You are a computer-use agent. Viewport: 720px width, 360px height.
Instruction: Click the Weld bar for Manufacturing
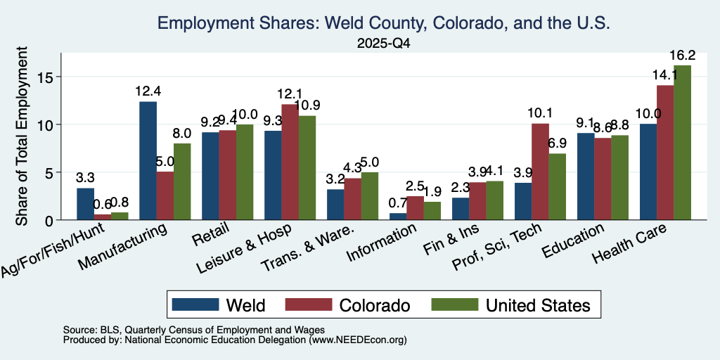tap(148, 161)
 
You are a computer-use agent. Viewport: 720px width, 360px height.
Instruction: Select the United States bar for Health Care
tap(682, 142)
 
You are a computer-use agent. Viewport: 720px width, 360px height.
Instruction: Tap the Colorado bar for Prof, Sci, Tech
tap(540, 172)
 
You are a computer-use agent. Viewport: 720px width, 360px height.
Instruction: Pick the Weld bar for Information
tap(398, 217)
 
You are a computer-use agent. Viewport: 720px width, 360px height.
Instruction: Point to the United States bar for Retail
tap(245, 172)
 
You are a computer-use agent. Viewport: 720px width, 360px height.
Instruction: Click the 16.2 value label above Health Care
tap(682, 56)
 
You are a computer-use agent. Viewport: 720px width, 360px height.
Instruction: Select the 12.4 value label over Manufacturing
tap(148, 91)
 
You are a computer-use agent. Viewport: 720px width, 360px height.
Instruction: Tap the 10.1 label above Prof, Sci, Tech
tap(540, 113)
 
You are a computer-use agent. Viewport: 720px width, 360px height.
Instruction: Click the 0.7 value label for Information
tap(398, 202)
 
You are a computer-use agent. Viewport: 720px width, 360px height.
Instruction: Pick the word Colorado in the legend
tap(374, 305)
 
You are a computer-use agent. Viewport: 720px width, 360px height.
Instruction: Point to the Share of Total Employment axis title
tap(22, 136)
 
